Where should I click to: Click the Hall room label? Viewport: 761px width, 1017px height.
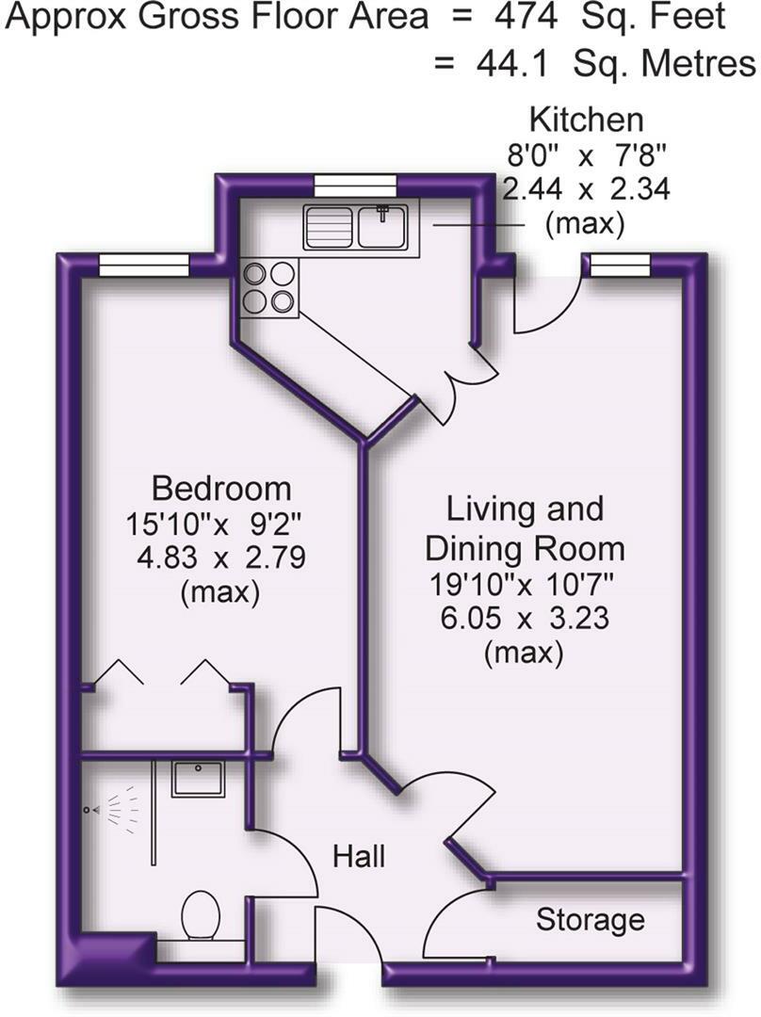click(359, 857)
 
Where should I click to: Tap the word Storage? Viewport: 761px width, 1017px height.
click(591, 919)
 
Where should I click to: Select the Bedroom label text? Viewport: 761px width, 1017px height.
click(221, 489)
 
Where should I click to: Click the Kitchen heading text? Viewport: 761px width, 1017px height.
click(586, 120)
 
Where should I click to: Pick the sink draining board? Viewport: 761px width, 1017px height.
click(329, 227)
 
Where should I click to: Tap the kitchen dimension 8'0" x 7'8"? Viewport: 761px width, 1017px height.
click(586, 154)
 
